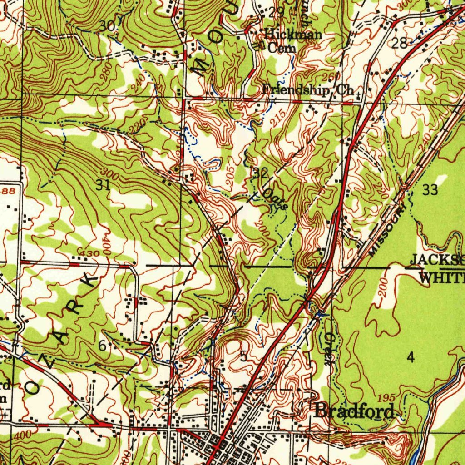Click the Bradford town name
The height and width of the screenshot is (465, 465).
click(354, 411)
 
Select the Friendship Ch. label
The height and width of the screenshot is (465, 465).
click(308, 90)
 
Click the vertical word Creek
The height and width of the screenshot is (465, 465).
click(329, 349)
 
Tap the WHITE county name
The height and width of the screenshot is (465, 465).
click(440, 277)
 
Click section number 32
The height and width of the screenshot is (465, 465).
click(261, 173)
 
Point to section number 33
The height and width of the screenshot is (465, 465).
click(430, 190)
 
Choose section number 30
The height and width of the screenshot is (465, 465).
click(108, 26)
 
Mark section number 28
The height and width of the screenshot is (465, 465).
click(400, 44)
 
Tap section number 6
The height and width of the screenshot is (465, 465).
click(103, 346)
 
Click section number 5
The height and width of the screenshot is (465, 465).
click(244, 356)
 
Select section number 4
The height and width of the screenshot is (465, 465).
click(411, 358)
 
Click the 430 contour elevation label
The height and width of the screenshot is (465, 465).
click(88, 252)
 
